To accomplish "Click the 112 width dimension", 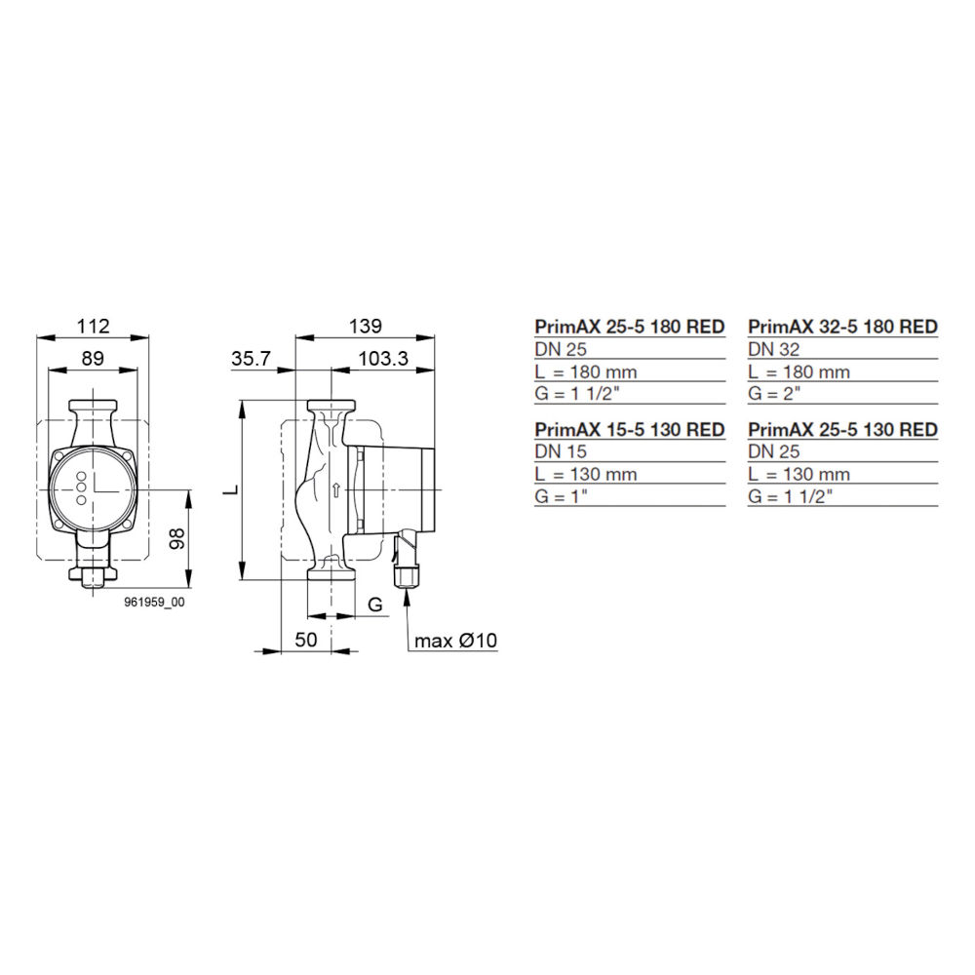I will tap(93, 326).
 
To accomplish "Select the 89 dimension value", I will tap(93, 358).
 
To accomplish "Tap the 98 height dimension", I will tap(176, 539).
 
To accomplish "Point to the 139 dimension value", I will tap(366, 326).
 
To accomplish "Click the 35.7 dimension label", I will tap(252, 359).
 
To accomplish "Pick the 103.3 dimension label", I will tap(382, 359).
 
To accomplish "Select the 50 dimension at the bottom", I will tap(307, 640).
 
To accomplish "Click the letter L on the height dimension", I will tap(227, 489).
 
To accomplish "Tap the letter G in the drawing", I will tap(374, 605).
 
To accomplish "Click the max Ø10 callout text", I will tap(455, 641).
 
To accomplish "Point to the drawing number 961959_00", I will tap(154, 604).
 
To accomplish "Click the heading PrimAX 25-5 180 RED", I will tap(630, 327).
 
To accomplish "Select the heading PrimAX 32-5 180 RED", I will tap(842, 327).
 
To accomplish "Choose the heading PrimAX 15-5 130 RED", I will tap(630, 430).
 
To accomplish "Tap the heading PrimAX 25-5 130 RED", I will tap(842, 430).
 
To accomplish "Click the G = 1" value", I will tap(566, 496).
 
